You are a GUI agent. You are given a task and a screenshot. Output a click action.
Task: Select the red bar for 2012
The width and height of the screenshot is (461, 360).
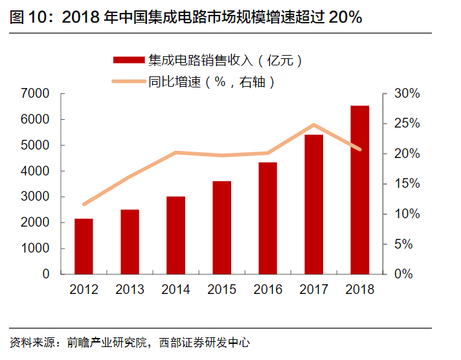point(84,246)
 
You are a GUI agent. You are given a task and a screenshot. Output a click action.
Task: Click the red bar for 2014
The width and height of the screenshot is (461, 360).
point(175,235)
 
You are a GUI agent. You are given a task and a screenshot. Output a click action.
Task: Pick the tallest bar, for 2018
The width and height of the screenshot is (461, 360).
point(359,190)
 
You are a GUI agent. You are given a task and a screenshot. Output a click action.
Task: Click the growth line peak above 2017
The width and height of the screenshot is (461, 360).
point(313,125)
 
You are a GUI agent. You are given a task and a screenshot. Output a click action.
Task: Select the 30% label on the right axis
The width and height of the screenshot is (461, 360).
point(407,94)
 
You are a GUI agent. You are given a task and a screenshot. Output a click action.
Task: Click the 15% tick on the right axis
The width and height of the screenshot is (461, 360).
point(407,184)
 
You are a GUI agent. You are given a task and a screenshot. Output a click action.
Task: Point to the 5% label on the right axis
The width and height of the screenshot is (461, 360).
point(407,244)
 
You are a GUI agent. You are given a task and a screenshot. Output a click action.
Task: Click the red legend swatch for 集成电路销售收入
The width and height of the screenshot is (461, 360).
point(128,60)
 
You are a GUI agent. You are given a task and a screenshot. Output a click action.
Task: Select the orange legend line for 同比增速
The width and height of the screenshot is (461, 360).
point(128,82)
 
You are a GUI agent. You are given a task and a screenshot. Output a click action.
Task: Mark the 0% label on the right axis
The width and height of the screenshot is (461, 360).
point(407,275)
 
